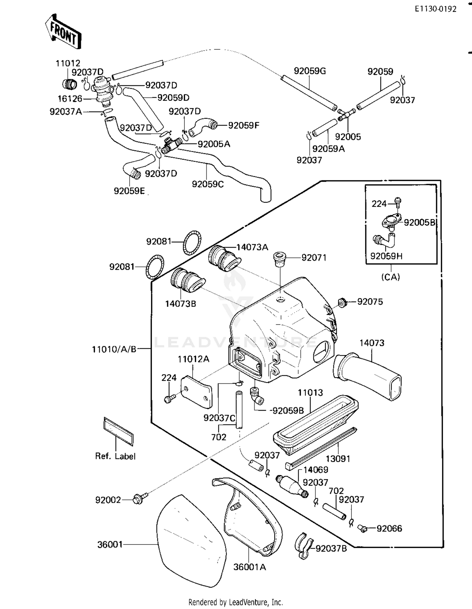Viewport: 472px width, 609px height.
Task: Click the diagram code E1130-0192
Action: [x=435, y=9]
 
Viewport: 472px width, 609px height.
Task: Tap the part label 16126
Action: [x=70, y=99]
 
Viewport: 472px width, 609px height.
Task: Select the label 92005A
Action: [x=214, y=144]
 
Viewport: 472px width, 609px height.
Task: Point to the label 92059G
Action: [x=310, y=71]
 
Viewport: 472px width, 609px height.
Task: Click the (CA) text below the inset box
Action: [x=391, y=277]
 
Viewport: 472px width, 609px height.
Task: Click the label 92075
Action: [x=370, y=302]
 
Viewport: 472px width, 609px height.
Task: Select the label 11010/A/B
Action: [x=114, y=349]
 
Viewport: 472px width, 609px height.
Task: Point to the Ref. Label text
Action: [x=115, y=456]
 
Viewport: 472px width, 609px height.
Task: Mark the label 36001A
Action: [x=250, y=567]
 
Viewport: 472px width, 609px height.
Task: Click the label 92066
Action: [x=389, y=528]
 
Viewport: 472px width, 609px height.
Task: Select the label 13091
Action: [x=338, y=459]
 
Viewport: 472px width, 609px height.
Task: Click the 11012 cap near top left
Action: [x=70, y=84]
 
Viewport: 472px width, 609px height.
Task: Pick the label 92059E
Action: [x=129, y=191]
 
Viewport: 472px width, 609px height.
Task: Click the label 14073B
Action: [x=181, y=304]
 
